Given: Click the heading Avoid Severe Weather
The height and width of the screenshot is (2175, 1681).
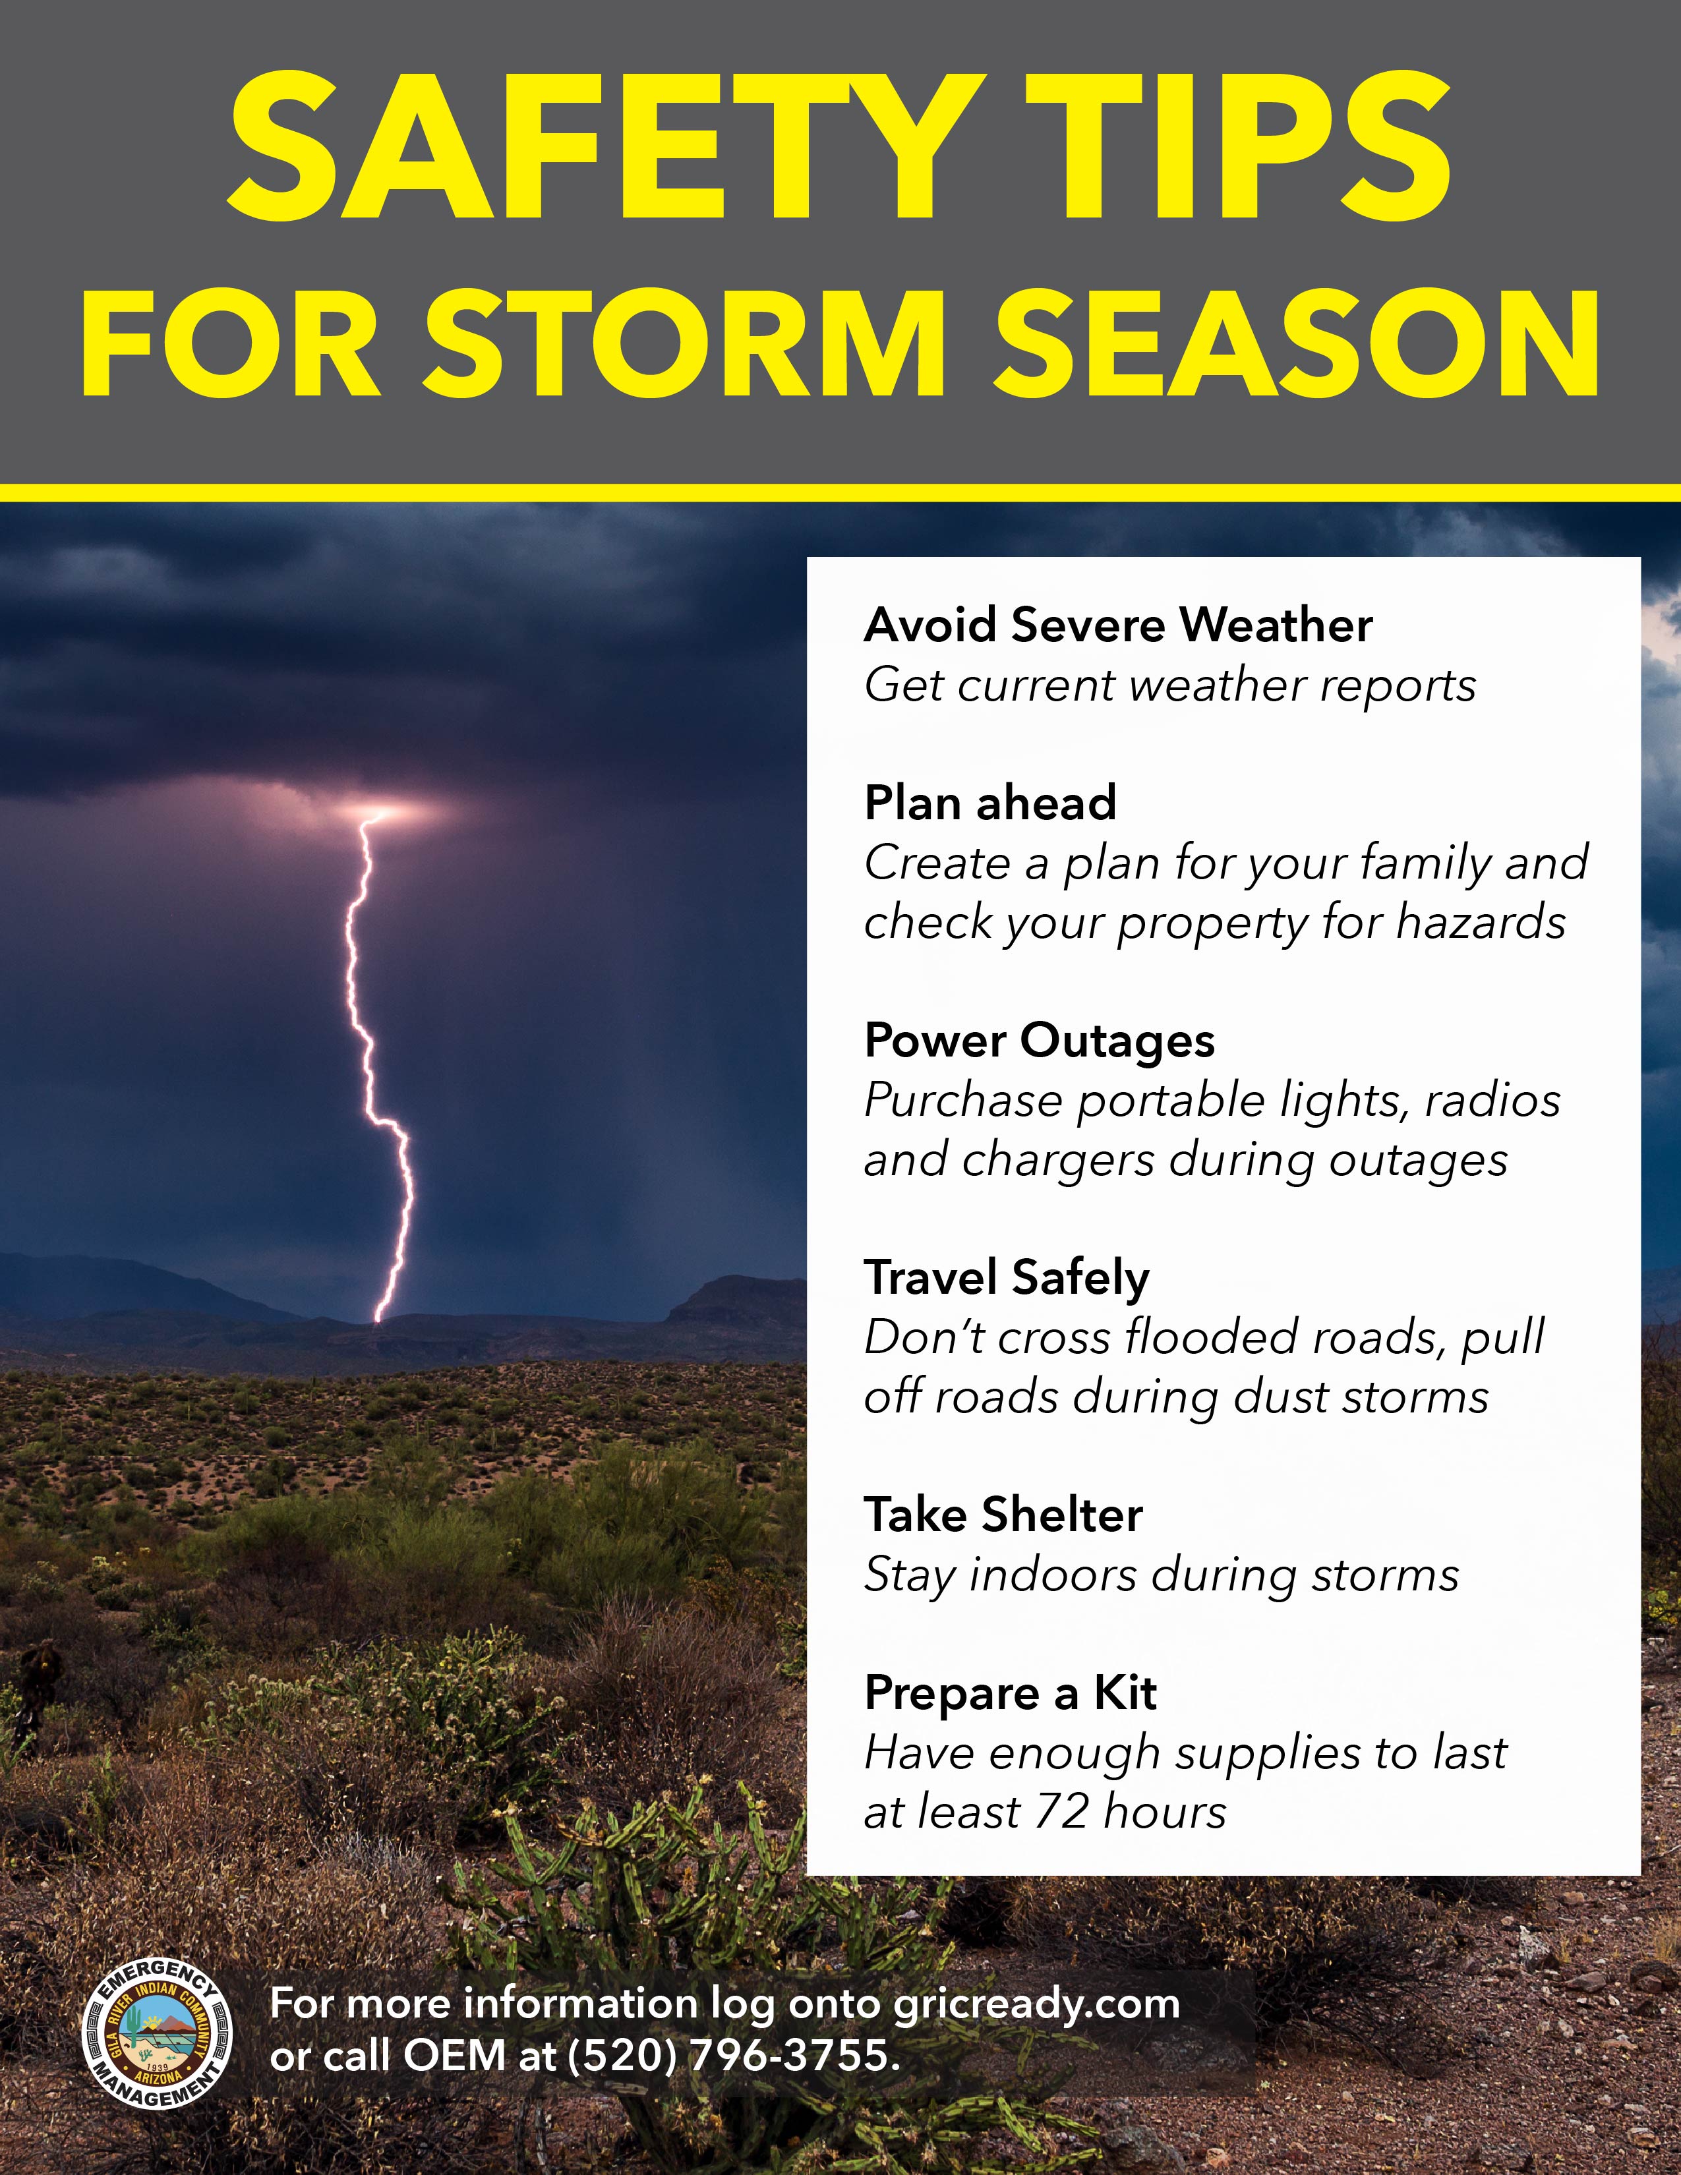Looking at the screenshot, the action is (1118, 625).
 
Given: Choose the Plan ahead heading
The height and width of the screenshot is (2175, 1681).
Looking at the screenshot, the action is (990, 803).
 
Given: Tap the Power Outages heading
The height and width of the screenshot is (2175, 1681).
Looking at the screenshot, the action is (1040, 1041).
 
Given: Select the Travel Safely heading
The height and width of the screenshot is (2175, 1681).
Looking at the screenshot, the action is (1007, 1279).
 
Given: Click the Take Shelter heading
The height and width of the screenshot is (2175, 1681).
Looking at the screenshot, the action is (1003, 1515).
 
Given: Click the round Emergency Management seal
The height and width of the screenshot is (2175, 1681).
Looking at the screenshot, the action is (156, 2037).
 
